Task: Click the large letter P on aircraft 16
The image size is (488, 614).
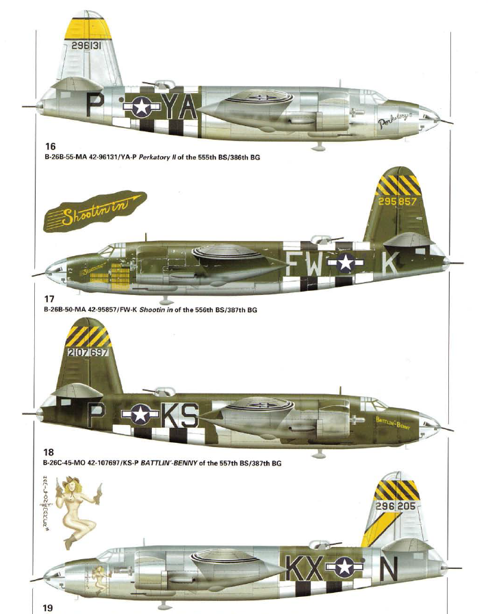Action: [96, 105]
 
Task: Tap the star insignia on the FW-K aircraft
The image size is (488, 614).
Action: [345, 264]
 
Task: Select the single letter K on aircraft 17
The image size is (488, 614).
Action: [389, 264]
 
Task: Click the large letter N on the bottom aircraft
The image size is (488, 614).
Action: [387, 567]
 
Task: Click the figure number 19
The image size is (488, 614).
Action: [47, 606]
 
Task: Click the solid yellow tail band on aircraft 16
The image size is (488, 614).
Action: [88, 28]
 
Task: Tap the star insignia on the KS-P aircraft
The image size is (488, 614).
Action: [140, 414]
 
